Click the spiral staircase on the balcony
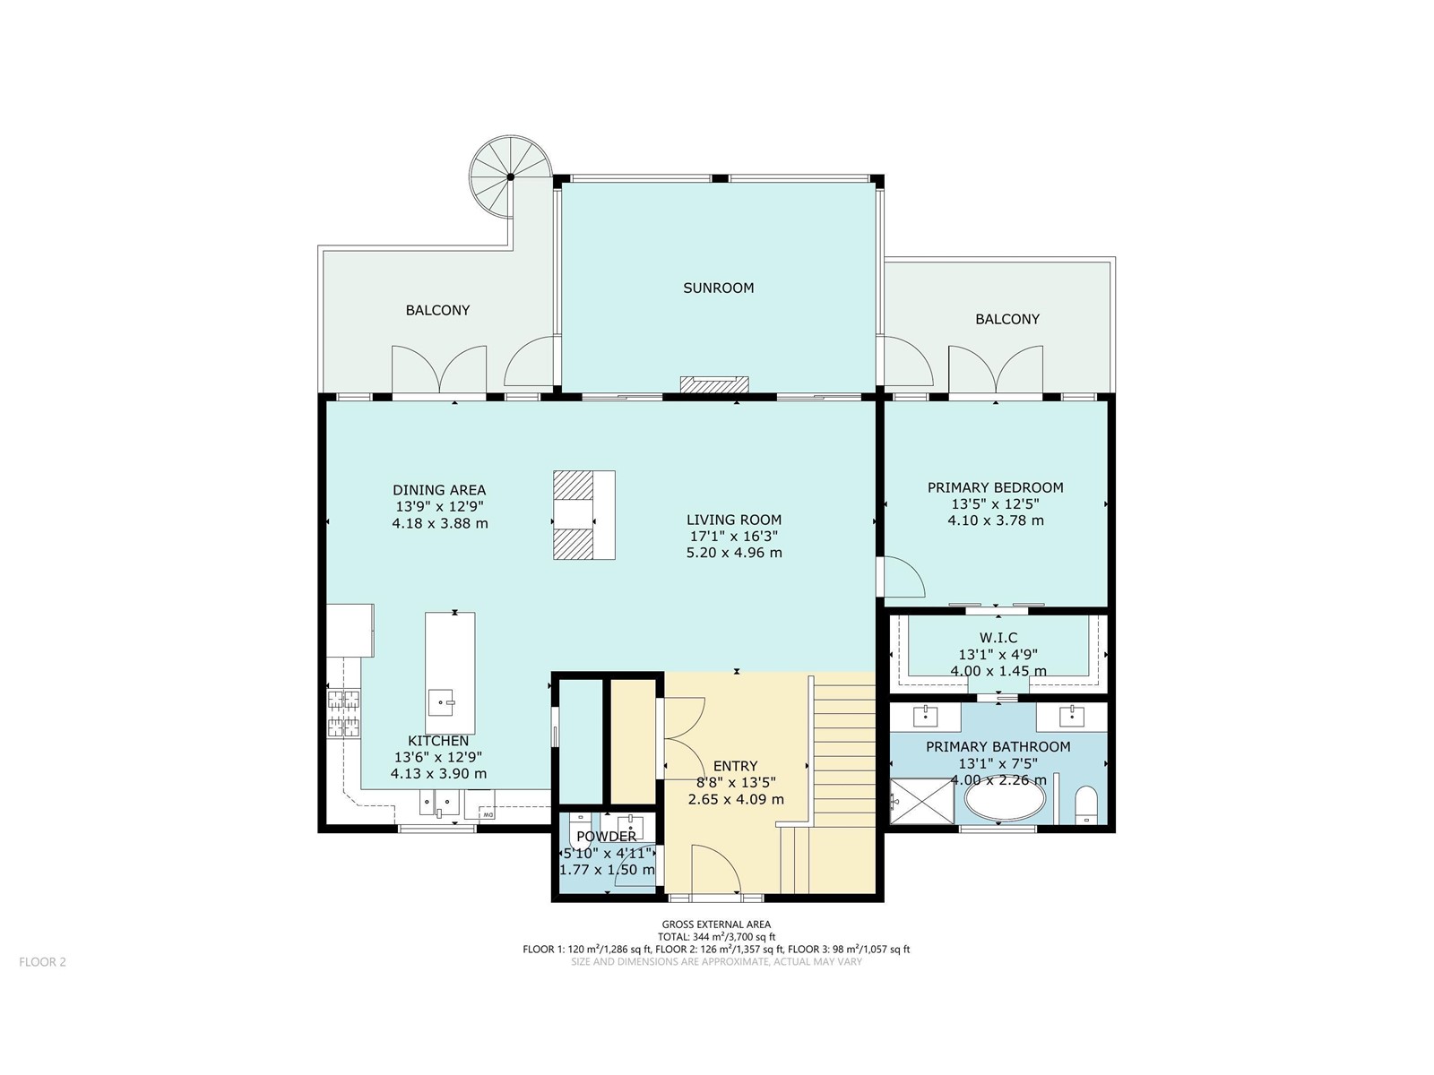[x=510, y=176]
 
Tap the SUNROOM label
[x=718, y=288]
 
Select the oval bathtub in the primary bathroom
[x=1005, y=802]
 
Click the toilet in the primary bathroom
[x=1085, y=805]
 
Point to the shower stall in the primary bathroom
[x=922, y=801]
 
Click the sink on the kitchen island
[x=444, y=702]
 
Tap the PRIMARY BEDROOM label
[x=995, y=487]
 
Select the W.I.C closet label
[x=998, y=638]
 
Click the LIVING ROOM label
[x=734, y=520]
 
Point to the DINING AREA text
[x=439, y=490]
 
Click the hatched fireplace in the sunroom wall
[x=714, y=384]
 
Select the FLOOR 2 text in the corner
[x=42, y=961]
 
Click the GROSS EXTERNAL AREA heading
[x=716, y=924]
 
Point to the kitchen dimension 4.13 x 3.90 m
[x=438, y=774]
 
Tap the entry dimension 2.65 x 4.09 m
[x=736, y=800]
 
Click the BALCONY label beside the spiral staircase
[x=437, y=310]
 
